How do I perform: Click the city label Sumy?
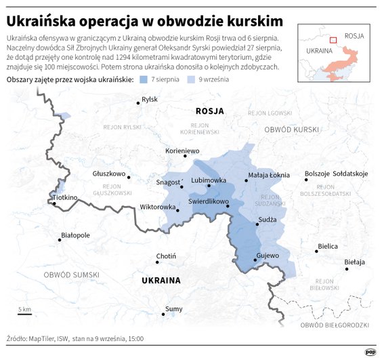click(x=173, y=308)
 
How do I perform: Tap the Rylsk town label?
click(x=150, y=100)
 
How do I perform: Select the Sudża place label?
click(x=267, y=220)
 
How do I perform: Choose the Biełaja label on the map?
click(x=354, y=261)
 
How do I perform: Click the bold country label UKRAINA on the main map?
click(x=161, y=279)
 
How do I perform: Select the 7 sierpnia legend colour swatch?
click(x=144, y=80)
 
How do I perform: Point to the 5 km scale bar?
click(x=25, y=315)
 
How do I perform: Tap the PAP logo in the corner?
click(x=370, y=351)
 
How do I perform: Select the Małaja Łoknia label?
click(x=270, y=175)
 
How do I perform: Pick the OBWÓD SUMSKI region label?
click(x=71, y=275)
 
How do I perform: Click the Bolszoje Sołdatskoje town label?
click(x=336, y=174)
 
